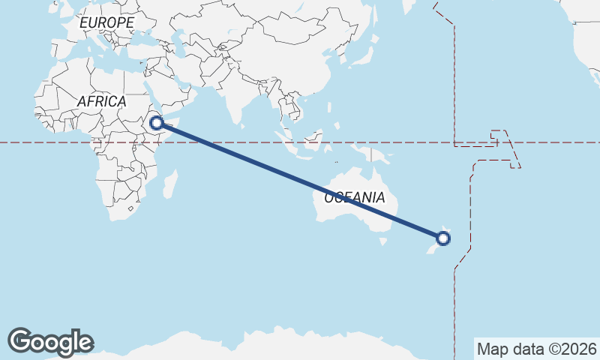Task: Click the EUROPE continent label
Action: [106, 23]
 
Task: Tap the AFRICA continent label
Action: [101, 101]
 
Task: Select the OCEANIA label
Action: [355, 198]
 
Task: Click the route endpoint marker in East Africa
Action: [157, 123]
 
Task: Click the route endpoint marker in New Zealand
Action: [443, 239]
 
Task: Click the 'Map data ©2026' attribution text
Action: [536, 349]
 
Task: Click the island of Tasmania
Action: [384, 241]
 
